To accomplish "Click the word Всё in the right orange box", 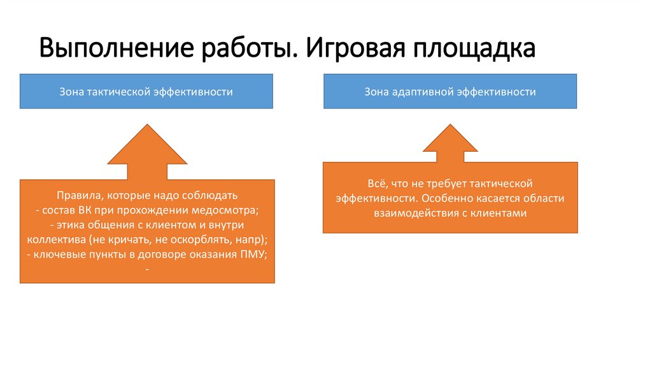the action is (376, 183).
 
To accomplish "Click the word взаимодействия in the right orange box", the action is (415, 214).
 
